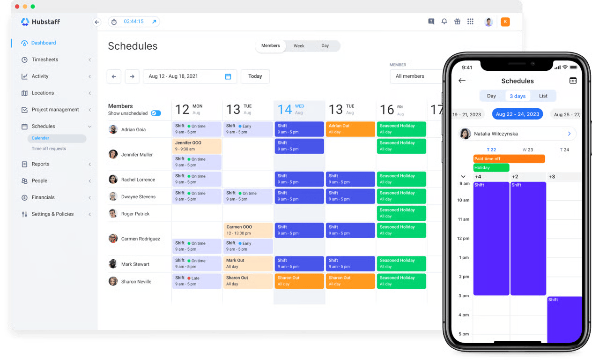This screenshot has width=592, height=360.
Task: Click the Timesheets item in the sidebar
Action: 44,60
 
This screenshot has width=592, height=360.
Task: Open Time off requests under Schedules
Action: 49,149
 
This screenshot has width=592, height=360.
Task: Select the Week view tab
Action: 299,46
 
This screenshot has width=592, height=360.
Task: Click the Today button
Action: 255,76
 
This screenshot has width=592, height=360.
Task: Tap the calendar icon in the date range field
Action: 228,76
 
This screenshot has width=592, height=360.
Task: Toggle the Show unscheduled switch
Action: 156,113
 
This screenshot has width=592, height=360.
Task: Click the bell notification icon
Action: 444,22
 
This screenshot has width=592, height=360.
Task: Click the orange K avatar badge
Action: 505,22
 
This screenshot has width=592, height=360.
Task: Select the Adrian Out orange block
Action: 350,129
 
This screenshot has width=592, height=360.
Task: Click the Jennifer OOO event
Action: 197,146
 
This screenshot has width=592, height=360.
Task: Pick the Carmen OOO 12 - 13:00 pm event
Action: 248,230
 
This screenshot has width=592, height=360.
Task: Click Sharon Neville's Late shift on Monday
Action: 197,281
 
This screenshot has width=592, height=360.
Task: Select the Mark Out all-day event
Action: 248,263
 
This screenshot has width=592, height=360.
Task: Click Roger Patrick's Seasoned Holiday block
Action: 401,213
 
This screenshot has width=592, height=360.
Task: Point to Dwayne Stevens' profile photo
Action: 113,196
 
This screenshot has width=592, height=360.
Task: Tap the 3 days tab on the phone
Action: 518,96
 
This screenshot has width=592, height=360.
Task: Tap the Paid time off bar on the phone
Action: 509,159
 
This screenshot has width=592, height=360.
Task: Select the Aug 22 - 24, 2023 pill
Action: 517,114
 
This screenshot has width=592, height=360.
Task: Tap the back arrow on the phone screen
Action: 462,81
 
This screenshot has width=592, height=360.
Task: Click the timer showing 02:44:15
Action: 133,22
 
